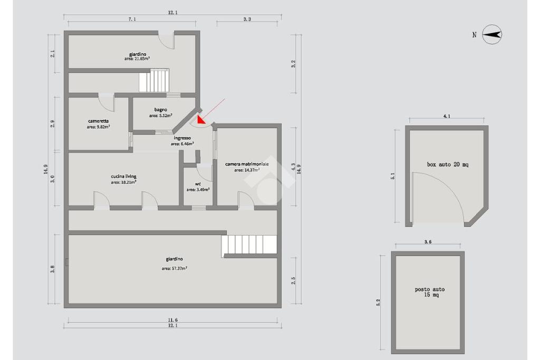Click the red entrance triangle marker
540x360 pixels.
point(201,120)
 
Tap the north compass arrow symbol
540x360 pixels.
point(492,34)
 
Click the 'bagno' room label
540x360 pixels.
point(160,110)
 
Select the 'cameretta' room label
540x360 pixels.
point(99,121)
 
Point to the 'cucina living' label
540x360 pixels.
point(123,176)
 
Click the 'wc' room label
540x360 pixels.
point(198,184)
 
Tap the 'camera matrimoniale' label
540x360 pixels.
point(247,164)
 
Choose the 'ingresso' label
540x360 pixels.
point(182,138)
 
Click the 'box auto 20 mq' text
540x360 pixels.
point(447,164)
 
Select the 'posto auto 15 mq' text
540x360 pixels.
point(429,292)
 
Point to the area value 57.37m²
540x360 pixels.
point(175,268)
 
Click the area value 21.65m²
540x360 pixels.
point(137,59)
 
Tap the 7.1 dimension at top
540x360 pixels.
point(132,20)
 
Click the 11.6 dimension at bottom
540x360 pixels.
point(172,320)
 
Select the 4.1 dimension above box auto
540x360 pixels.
point(446,116)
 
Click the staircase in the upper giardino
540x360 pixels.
point(154,80)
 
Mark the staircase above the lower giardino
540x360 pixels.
point(249,245)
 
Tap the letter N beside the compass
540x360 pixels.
point(474,35)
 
